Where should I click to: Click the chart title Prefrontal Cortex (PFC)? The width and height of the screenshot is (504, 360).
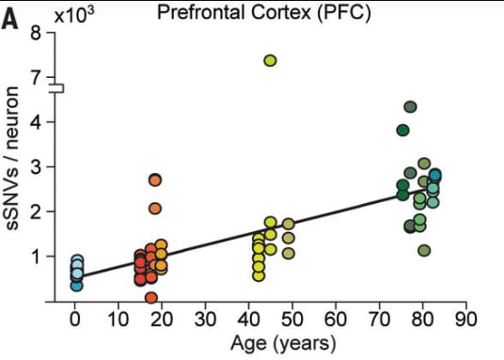pyautogui.click(x=264, y=13)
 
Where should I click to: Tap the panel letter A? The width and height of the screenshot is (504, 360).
pyautogui.click(x=9, y=22)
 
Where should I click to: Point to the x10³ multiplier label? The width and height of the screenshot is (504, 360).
pyautogui.click(x=74, y=15)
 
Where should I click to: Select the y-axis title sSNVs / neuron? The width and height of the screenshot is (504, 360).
pyautogui.click(x=12, y=159)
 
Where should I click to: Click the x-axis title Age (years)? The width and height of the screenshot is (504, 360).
pyautogui.click(x=283, y=344)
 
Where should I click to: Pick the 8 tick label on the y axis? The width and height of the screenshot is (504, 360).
pyautogui.click(x=36, y=33)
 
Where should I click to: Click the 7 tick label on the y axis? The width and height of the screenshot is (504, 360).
pyautogui.click(x=36, y=77)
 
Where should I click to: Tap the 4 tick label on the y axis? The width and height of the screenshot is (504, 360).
pyautogui.click(x=36, y=122)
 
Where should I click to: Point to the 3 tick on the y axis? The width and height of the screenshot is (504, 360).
pyautogui.click(x=36, y=166)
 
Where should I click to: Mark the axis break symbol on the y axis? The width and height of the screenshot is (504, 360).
pyautogui.click(x=58, y=88)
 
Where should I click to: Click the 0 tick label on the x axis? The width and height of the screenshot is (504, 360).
pyautogui.click(x=75, y=320)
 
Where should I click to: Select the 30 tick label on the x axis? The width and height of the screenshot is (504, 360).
pyautogui.click(x=205, y=320)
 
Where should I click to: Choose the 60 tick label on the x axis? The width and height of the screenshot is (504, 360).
pyautogui.click(x=336, y=320)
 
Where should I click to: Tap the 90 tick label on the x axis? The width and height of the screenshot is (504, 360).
pyautogui.click(x=465, y=320)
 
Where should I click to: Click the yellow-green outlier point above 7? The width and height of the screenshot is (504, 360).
pyautogui.click(x=270, y=60)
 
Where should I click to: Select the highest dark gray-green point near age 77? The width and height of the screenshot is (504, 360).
pyautogui.click(x=410, y=107)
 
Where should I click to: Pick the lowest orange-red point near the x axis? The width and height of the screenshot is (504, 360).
pyautogui.click(x=151, y=298)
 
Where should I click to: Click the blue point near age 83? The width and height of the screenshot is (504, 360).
pyautogui.click(x=435, y=175)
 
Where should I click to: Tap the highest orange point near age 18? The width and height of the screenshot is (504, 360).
pyautogui.click(x=155, y=180)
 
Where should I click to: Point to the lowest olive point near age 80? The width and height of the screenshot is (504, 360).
pyautogui.click(x=424, y=251)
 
